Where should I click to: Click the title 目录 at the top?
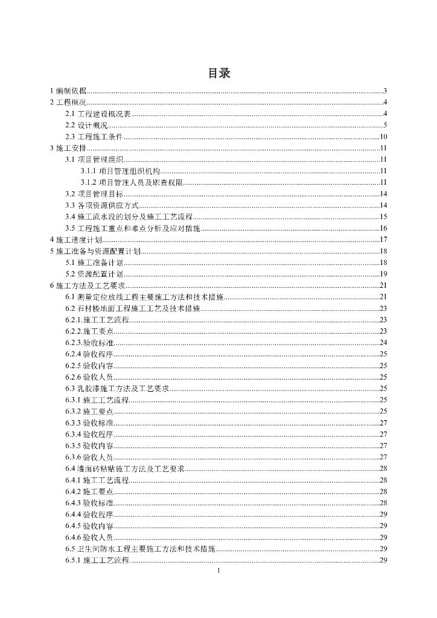point(218,74)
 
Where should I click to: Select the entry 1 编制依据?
point(69,91)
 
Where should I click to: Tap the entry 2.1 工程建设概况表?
point(98,113)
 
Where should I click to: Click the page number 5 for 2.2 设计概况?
point(384,125)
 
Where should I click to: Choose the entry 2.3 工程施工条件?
point(94,136)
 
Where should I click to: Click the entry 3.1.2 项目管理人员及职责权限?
point(132,182)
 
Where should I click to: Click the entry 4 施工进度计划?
point(75,240)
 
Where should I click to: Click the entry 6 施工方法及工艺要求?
point(87,285)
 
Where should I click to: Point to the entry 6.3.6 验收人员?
point(89,457)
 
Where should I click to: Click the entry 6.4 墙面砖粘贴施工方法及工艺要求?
point(125,468)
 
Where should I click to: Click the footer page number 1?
point(218,571)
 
